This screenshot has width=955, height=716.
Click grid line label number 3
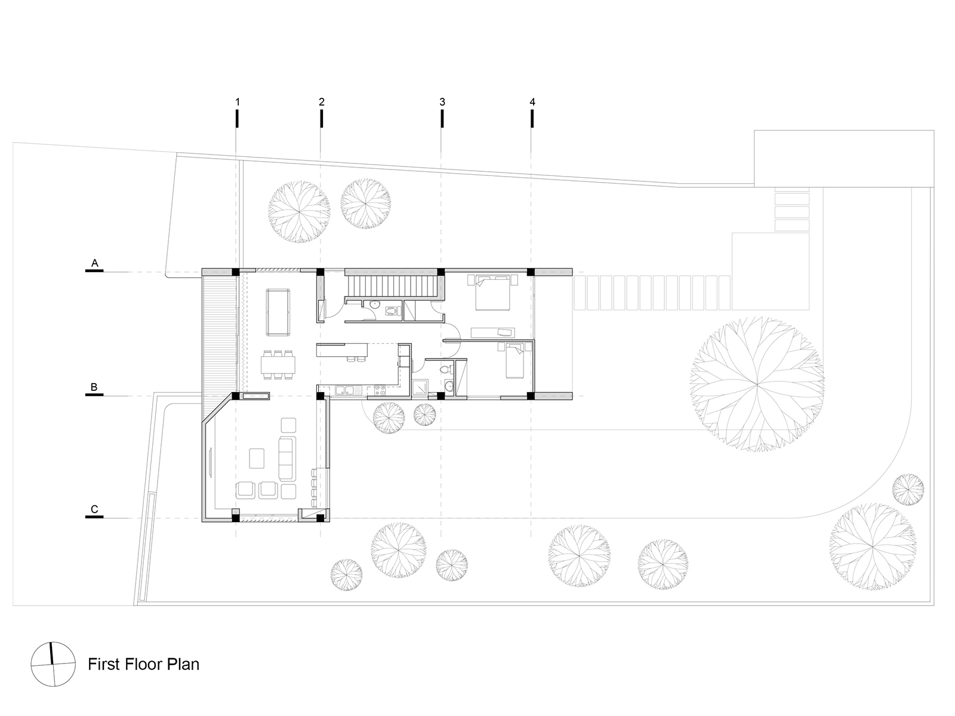[x=442, y=102]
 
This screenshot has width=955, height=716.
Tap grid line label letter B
[x=94, y=387]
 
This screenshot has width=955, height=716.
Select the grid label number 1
[x=238, y=102]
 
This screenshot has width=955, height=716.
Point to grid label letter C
[x=94, y=509]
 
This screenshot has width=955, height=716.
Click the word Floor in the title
[x=144, y=664]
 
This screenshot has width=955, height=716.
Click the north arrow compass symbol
[x=53, y=664]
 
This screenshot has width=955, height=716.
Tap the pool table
[x=278, y=313]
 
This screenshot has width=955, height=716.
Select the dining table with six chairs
[x=278, y=365]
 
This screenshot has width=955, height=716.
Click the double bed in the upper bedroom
[x=492, y=292]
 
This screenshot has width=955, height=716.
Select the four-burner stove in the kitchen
[x=380, y=390]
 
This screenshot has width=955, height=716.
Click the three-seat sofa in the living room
[x=287, y=459]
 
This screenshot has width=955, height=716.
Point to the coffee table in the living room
[x=257, y=458]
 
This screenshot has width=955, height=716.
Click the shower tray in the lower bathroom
[x=420, y=387]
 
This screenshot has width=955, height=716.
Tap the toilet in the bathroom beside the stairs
[x=393, y=311]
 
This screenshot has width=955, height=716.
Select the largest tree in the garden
[x=757, y=384]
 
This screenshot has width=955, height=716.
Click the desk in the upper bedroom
[x=492, y=332]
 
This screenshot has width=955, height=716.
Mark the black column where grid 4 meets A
[x=531, y=272]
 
